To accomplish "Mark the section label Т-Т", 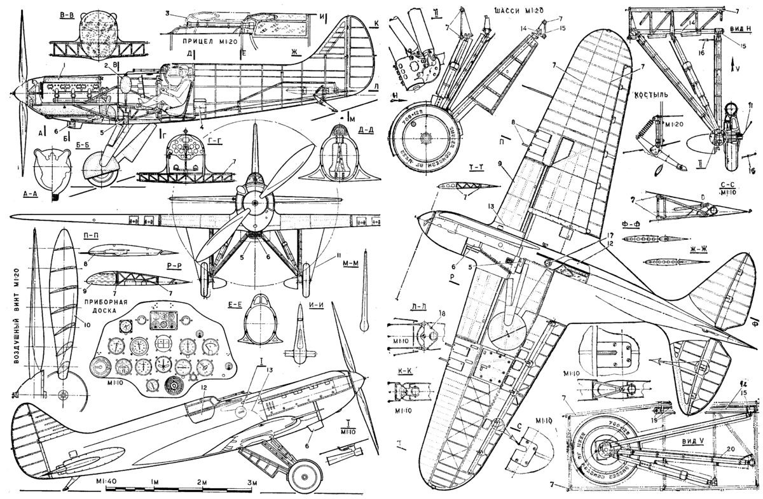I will point(475,170).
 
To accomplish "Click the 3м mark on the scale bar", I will point(251,481).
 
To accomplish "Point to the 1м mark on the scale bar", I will point(153,481).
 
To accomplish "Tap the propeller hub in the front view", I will point(255,202).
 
